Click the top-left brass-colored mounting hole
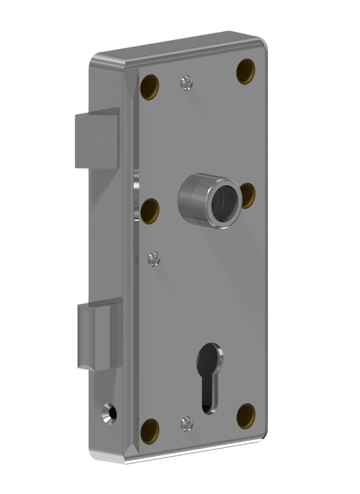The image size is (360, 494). (x=149, y=86)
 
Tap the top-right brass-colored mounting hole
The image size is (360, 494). (x=246, y=71)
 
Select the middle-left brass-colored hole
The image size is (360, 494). (x=149, y=211)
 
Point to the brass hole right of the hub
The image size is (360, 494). (x=248, y=195)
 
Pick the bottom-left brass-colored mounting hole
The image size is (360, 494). (x=149, y=431)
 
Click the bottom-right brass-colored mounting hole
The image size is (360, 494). (x=246, y=416)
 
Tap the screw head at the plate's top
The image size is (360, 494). (x=186, y=83)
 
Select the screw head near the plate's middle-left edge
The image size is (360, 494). (x=154, y=259)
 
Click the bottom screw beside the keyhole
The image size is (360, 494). (x=186, y=423)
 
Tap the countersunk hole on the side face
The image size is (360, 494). (x=109, y=412)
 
